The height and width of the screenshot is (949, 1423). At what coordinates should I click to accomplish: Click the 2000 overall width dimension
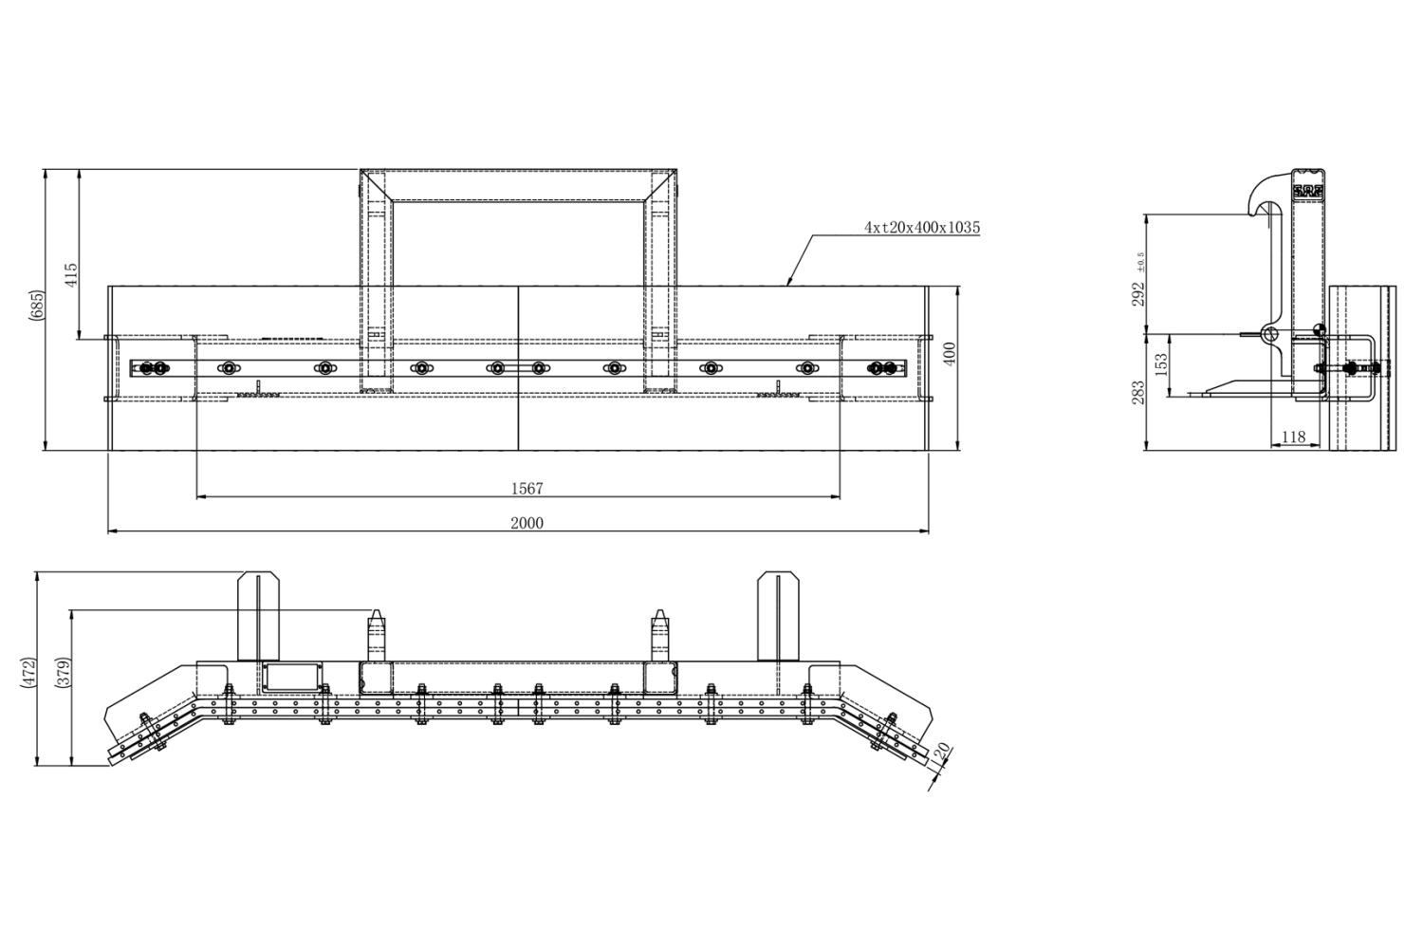click(x=527, y=523)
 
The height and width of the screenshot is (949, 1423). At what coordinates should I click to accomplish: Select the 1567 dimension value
click(x=527, y=488)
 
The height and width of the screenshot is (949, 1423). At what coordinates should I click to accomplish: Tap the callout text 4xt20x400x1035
click(x=922, y=227)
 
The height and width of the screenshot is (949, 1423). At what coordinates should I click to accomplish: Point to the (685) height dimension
click(x=38, y=309)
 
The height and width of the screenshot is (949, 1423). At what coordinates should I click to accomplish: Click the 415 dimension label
click(x=71, y=275)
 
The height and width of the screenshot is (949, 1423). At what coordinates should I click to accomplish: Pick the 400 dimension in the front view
click(x=950, y=353)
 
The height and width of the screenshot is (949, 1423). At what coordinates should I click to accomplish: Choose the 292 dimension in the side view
click(x=1138, y=293)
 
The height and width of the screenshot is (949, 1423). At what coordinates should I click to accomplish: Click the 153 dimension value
click(x=1161, y=364)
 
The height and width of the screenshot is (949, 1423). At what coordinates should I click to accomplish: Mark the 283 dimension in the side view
click(x=1138, y=392)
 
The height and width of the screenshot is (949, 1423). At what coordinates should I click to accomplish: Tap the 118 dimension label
click(x=1293, y=437)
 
